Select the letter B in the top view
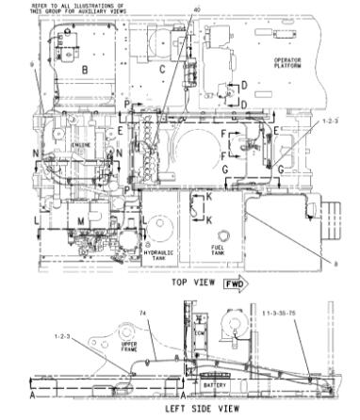point(84,71)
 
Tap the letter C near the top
point(162,69)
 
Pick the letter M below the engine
point(82,220)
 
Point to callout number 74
point(143,312)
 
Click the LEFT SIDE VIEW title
point(200,409)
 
